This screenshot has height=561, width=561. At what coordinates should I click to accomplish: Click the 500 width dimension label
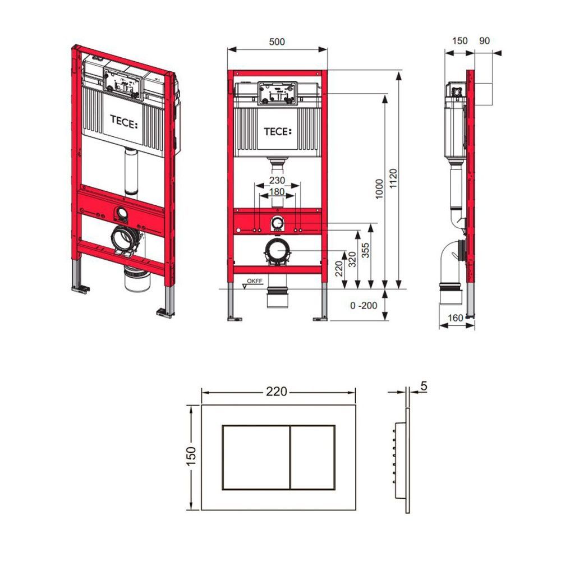(277, 42)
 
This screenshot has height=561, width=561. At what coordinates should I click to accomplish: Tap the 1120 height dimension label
(393, 179)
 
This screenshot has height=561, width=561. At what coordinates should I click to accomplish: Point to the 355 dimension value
(365, 250)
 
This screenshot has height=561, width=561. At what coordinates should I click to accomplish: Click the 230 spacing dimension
(277, 180)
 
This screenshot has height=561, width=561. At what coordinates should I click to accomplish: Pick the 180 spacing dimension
(277, 192)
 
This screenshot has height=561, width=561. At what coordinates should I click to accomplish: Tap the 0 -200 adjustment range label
(364, 306)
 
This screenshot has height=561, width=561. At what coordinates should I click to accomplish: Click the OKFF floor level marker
(255, 281)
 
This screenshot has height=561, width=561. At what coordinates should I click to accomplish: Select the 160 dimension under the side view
(456, 318)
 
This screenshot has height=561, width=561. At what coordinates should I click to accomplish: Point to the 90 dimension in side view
(484, 41)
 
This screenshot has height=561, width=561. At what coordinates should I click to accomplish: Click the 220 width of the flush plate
(277, 392)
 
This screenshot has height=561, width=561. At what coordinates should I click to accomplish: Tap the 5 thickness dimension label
(424, 387)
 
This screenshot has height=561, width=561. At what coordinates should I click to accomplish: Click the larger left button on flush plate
(256, 457)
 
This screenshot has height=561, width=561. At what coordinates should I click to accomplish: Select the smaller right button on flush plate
(312, 457)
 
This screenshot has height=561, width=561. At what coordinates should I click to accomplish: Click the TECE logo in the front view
(278, 132)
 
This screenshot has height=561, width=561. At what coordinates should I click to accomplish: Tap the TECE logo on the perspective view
(123, 122)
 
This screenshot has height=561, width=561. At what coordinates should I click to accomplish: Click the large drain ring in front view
(278, 251)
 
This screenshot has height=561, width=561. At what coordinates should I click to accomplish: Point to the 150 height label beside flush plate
(192, 456)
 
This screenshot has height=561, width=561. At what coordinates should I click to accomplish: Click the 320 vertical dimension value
(352, 259)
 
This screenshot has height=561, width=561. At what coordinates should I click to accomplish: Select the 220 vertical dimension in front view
(339, 269)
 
